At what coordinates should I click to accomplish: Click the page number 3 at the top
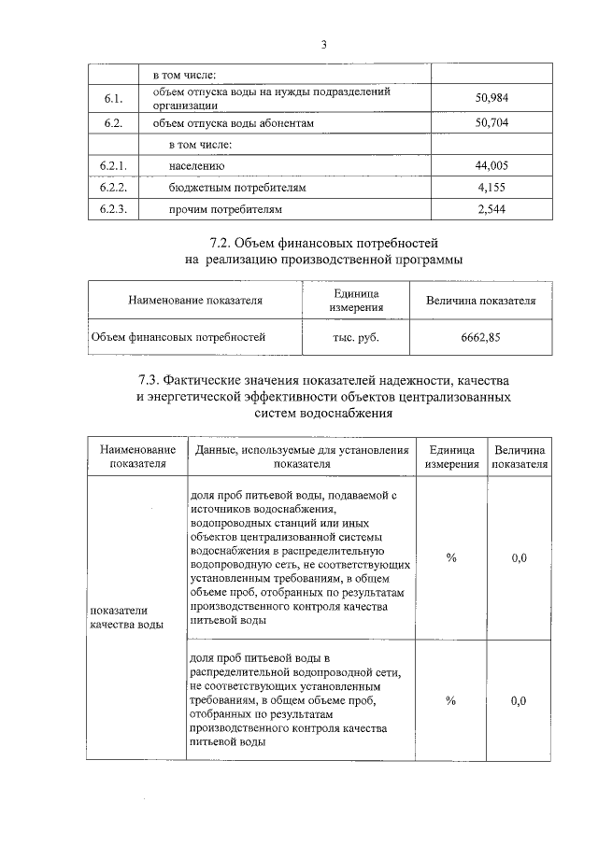tap(323, 44)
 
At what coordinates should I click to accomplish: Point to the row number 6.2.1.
tap(113, 165)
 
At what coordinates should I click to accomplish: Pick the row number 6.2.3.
tap(113, 208)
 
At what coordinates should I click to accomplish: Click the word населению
tap(197, 165)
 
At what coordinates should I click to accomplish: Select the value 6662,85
tap(480, 337)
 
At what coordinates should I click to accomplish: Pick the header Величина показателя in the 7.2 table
tap(480, 301)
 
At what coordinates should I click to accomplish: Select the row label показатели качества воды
tap(126, 617)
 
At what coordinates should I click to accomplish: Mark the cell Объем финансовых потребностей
tap(178, 337)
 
